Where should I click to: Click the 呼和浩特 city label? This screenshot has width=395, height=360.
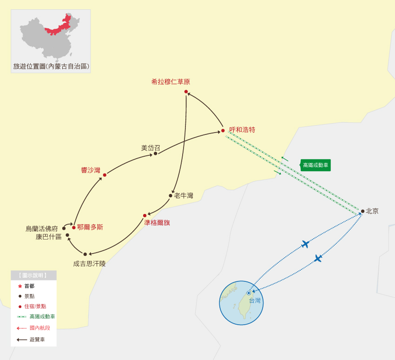coord(242,130)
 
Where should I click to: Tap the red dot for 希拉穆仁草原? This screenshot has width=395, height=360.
coord(186,92)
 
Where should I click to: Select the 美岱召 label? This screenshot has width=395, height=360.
coord(151,148)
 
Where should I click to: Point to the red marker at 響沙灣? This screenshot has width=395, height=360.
coord(105,175)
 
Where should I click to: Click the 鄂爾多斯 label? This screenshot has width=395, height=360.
coord(90,227)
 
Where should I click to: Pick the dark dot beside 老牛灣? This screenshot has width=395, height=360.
coord(171,196)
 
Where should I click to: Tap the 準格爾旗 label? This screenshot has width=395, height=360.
coord(157,223)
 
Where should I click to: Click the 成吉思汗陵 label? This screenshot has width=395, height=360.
coord(89,264)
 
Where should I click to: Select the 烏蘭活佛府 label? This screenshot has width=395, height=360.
coord(42,229)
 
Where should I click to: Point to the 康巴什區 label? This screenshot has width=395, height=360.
coord(48,237)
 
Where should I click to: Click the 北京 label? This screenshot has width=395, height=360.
coord(372,211)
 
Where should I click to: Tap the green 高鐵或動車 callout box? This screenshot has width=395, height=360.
coord(316,165)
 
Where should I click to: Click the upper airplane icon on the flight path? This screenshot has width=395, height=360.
coord(305,244)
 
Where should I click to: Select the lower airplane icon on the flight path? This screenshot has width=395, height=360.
coord(318,258)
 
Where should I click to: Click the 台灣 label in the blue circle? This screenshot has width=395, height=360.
coord(255,300)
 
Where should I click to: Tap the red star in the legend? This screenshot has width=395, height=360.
coord(20,286)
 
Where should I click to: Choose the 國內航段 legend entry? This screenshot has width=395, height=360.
coord(39,328)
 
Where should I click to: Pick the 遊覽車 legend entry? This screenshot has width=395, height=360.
coord(37,340)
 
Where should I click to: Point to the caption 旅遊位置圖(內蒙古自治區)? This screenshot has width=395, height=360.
coord(51,67)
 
